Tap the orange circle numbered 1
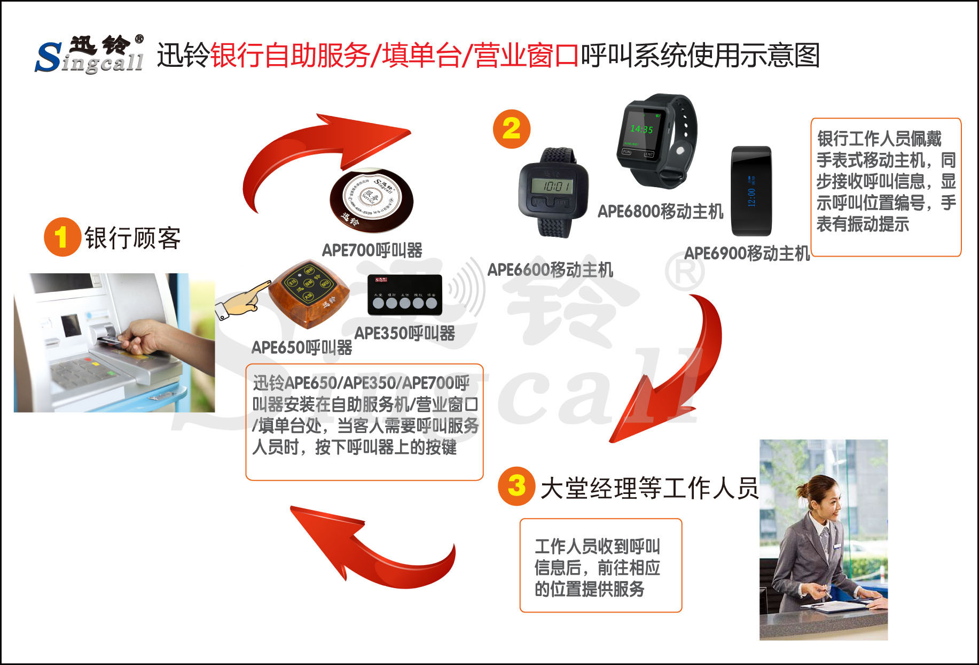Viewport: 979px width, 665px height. (62, 237)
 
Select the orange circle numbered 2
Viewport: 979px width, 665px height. (511, 129)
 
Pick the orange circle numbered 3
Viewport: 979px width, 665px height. (516, 486)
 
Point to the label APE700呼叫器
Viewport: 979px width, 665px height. (372, 250)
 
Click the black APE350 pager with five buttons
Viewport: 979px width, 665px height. (405, 295)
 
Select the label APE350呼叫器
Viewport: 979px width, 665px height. (404, 334)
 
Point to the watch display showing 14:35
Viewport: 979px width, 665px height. (641, 129)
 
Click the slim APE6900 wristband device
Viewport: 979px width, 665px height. (751, 191)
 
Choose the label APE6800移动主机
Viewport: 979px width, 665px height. (660, 212)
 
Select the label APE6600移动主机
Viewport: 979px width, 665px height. (550, 269)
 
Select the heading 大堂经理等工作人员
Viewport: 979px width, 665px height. (649, 488)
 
